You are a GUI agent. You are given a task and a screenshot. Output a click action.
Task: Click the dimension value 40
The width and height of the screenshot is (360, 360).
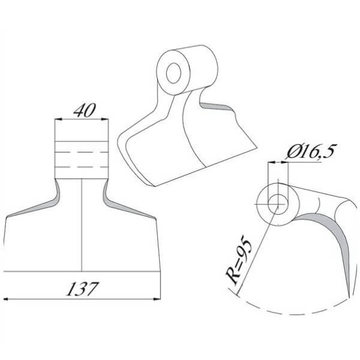coord(84,111)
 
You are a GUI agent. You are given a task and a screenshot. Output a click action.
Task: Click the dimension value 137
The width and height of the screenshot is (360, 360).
coord(83,289)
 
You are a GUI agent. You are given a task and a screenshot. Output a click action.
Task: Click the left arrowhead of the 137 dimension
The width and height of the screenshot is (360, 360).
coord(7,299)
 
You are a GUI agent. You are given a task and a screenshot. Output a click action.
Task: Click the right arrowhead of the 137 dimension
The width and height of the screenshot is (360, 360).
coord(157,299)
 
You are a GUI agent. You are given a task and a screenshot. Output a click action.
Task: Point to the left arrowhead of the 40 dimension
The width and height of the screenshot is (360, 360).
coord(58,119)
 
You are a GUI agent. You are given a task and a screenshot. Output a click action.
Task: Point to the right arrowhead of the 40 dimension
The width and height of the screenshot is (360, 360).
coord(105,119)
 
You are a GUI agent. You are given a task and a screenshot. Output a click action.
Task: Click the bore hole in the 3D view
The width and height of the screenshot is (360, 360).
coord(173,73)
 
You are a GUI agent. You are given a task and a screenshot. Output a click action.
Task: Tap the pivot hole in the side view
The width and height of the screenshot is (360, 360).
coord(278,204)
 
